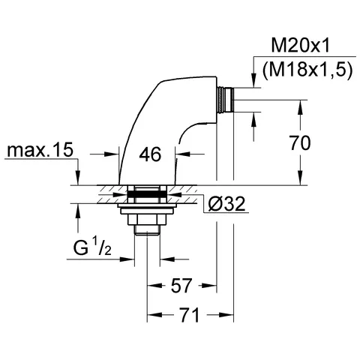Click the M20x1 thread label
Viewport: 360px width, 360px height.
[x=301, y=46]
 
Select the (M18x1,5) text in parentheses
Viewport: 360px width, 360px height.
[x=307, y=70]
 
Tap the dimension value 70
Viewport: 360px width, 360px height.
[x=300, y=142]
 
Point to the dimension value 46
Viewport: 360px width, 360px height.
[x=150, y=154]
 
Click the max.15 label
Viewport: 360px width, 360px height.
[x=40, y=150]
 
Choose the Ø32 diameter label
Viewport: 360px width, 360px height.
[x=226, y=203]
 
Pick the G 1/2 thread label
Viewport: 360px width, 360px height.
[x=92, y=246]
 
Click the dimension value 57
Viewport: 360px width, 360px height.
[x=181, y=285]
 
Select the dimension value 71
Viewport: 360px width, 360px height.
[x=189, y=315]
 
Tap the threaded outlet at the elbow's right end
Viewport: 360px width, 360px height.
[x=225, y=100]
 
